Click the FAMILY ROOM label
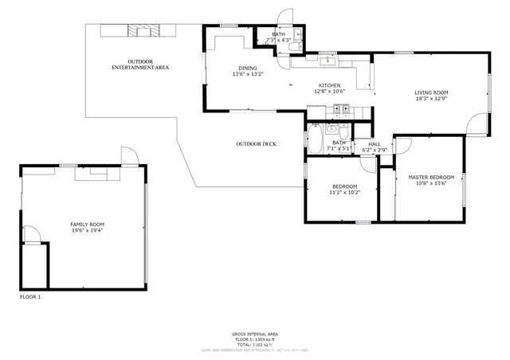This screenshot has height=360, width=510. [87, 225]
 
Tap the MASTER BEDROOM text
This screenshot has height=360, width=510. [430, 177]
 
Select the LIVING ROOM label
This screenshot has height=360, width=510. [431, 93]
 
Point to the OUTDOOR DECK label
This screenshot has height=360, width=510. [256, 143]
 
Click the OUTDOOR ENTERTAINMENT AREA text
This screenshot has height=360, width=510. [139, 65]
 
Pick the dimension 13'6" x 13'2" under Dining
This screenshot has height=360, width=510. [248, 74]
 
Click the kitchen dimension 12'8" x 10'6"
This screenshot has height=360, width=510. [330, 92]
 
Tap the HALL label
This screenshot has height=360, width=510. [374, 143]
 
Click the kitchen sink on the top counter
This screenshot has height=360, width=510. [328, 60]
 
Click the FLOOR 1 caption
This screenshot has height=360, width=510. [30, 297]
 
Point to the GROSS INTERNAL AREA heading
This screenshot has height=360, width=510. [255, 334]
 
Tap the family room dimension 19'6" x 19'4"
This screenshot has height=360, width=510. [87, 232]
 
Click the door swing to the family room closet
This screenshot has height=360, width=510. [32, 233]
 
